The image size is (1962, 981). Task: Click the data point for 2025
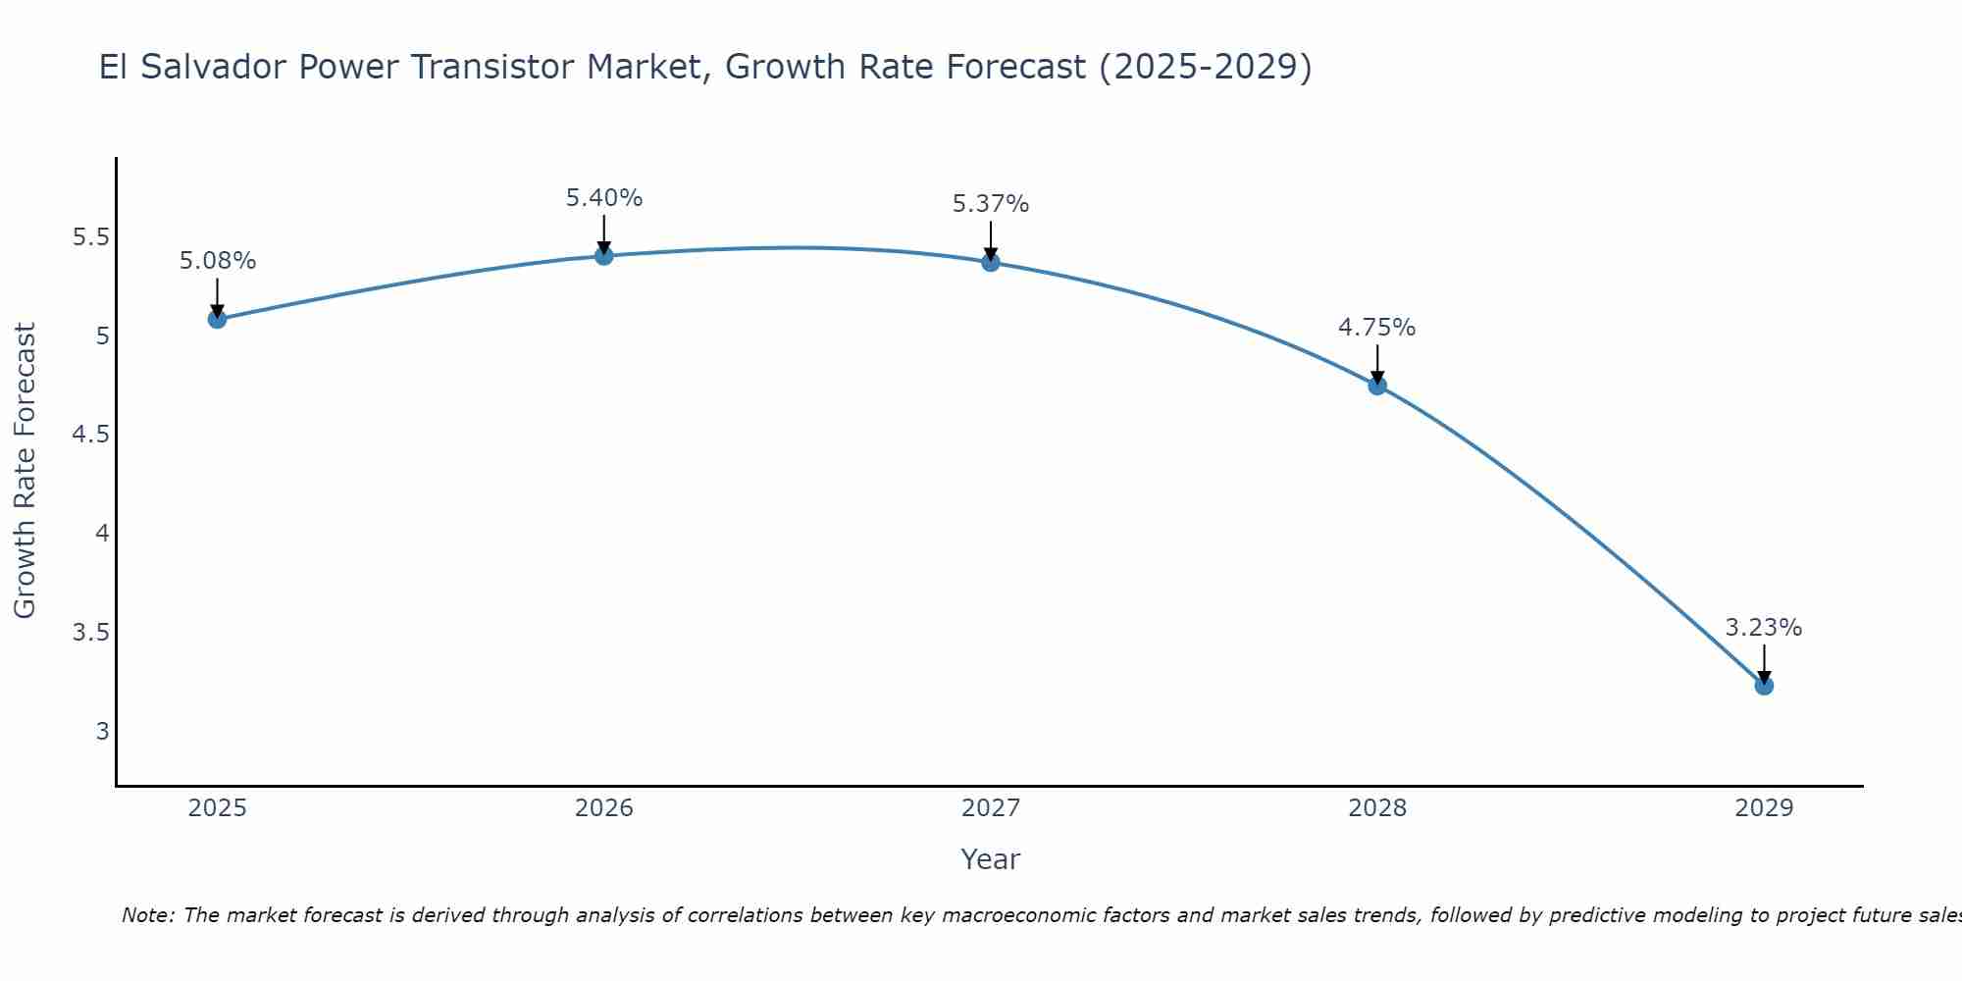218,319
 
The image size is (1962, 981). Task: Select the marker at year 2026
604,256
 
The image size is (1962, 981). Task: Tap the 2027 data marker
991,262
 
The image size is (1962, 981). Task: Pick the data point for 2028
1377,386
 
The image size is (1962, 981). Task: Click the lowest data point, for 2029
1764,686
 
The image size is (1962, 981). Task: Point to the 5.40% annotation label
604,198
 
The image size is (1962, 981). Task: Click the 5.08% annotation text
218,261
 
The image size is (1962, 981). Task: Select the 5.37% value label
991,204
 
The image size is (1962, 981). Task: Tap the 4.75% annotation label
1377,328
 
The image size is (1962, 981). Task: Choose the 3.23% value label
1764,628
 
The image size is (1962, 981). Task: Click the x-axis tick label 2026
604,808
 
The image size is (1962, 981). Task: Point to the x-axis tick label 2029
1764,808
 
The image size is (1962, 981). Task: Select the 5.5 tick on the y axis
91,237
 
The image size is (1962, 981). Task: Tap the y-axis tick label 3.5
91,632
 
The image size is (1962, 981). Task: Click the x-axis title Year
991,859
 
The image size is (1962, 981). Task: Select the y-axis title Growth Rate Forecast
26,471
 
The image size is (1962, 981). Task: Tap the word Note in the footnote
147,915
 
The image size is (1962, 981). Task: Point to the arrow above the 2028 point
1377,363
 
